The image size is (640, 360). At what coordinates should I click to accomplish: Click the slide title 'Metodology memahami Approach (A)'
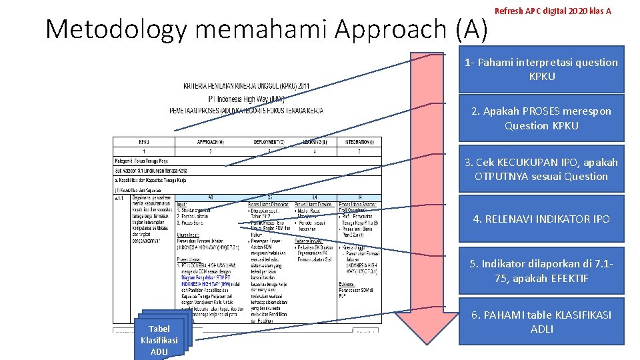point(267,29)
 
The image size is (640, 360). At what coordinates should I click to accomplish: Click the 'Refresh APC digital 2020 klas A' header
point(553,11)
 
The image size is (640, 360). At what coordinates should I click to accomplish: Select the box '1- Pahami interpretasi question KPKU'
point(541,69)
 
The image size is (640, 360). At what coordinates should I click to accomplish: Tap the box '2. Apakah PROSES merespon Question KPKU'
point(541,118)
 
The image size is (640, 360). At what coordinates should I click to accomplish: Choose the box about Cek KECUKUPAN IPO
point(541,169)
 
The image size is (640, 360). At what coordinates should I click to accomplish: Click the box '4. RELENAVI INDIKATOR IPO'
point(541,219)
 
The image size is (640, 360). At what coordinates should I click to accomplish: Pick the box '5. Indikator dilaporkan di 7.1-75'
point(541,271)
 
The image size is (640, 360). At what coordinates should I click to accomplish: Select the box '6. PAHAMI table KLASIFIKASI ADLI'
point(541,321)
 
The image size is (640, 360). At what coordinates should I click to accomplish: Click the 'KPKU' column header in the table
point(144,141)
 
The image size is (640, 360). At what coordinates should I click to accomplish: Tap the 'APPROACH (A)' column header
point(210,141)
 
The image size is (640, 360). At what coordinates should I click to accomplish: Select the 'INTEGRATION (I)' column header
point(359,141)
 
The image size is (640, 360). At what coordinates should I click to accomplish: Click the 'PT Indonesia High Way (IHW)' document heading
point(246,99)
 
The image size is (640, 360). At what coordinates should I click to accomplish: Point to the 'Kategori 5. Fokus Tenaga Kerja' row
point(141,161)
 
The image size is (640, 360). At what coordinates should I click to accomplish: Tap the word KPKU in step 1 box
point(541,76)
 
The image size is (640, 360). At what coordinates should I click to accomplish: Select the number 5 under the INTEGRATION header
point(359,151)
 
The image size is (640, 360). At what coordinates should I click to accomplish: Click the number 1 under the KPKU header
point(144,151)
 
